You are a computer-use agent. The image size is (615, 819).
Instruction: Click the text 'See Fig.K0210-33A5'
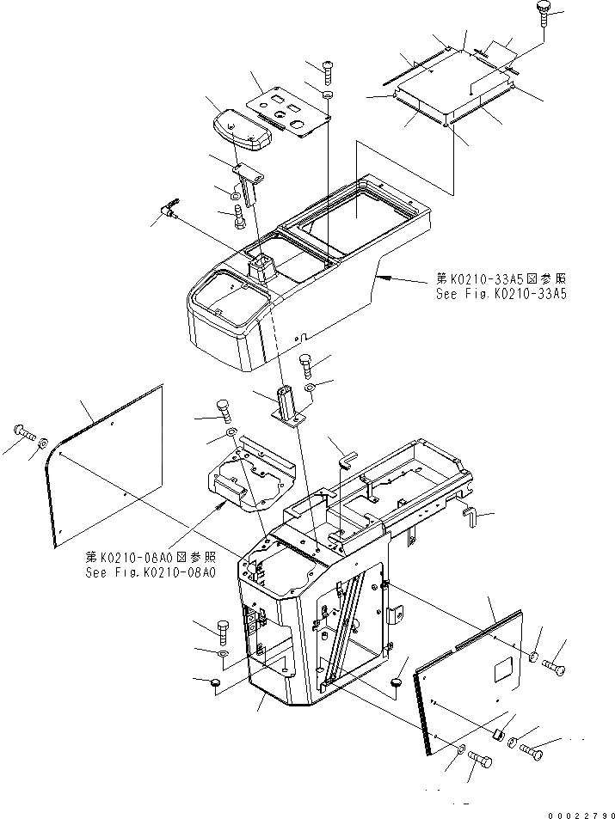pos(502,294)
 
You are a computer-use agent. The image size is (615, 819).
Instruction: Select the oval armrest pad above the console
pos(239,128)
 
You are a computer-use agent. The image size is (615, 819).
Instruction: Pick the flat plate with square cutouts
pos(290,111)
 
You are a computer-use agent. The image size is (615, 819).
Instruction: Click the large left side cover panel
pos(108,464)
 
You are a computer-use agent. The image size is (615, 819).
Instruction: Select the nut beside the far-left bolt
pos(41,443)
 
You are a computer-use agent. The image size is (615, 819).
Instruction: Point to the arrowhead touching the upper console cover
pos(385,278)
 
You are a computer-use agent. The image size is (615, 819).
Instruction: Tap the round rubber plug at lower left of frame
pos(215,682)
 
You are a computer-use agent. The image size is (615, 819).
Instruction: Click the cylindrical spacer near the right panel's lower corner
pos(496,736)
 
